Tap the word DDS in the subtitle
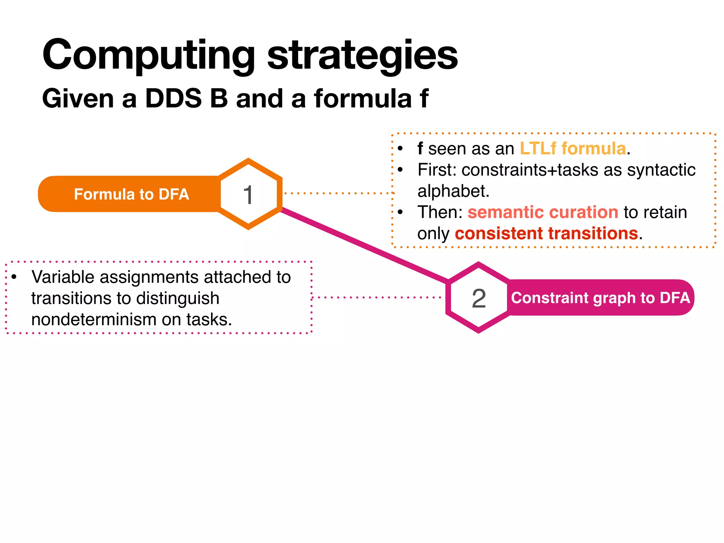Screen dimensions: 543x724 point(173,98)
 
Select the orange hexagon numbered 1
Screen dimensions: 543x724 point(249,194)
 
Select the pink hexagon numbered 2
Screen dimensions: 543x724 point(479,298)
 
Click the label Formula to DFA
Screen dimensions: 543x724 point(131,194)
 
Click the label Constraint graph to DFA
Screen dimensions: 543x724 point(600,298)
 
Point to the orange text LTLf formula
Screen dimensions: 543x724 point(573,148)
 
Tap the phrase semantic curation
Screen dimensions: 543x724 point(543,212)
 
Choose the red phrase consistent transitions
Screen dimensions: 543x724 point(546,234)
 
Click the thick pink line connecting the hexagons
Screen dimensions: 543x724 point(364,245)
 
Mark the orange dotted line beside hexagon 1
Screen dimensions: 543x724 point(338,193)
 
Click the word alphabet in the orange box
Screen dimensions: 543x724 point(453,191)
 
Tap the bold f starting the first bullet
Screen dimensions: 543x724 point(420,148)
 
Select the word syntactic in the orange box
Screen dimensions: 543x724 point(661,170)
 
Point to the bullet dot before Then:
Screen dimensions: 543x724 point(400,212)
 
